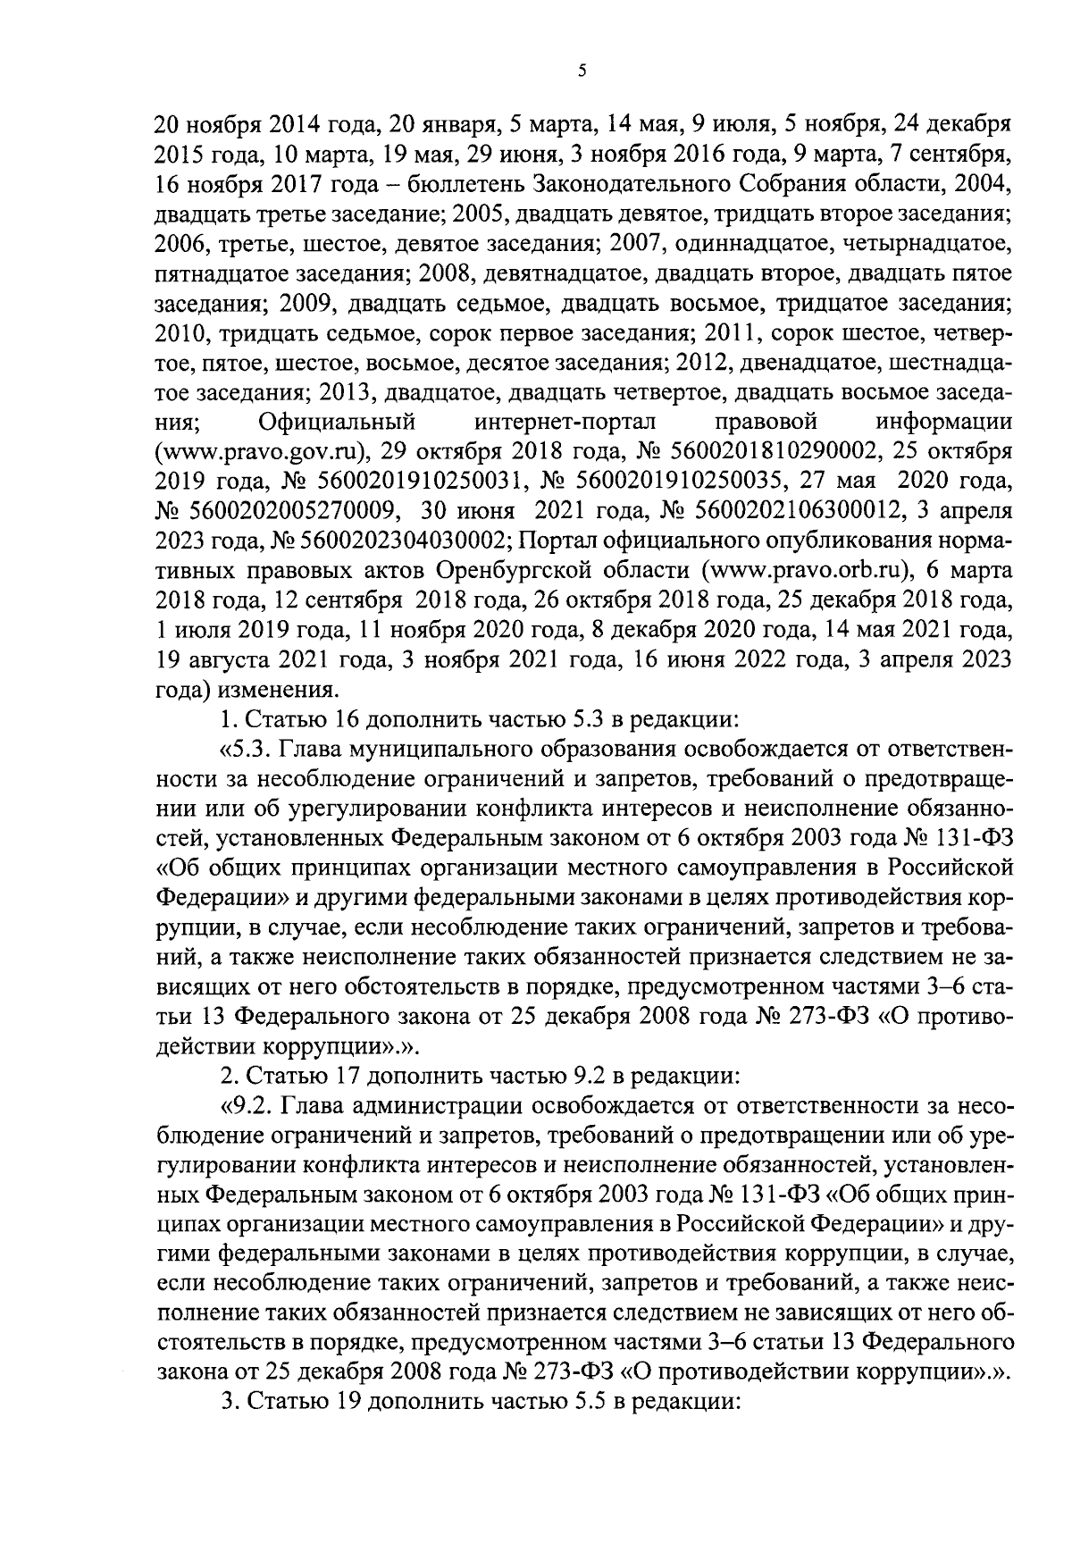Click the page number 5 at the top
pos(582,73)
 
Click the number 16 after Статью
pos(348,717)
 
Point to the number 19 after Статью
pos(348,1403)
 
